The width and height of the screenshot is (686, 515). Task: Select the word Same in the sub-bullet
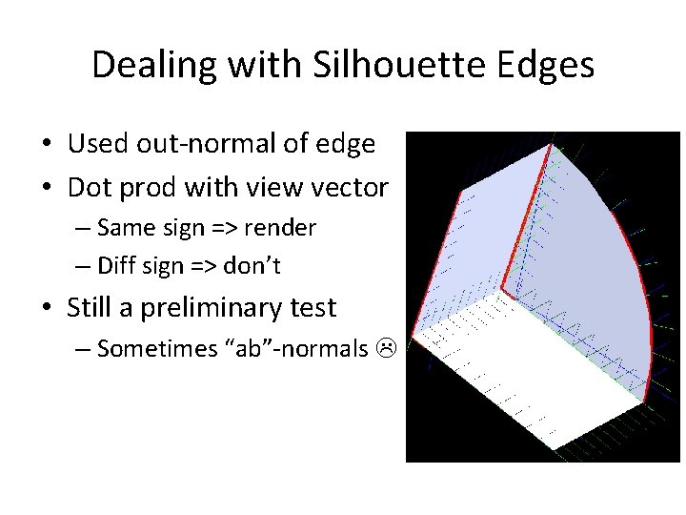(125, 230)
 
